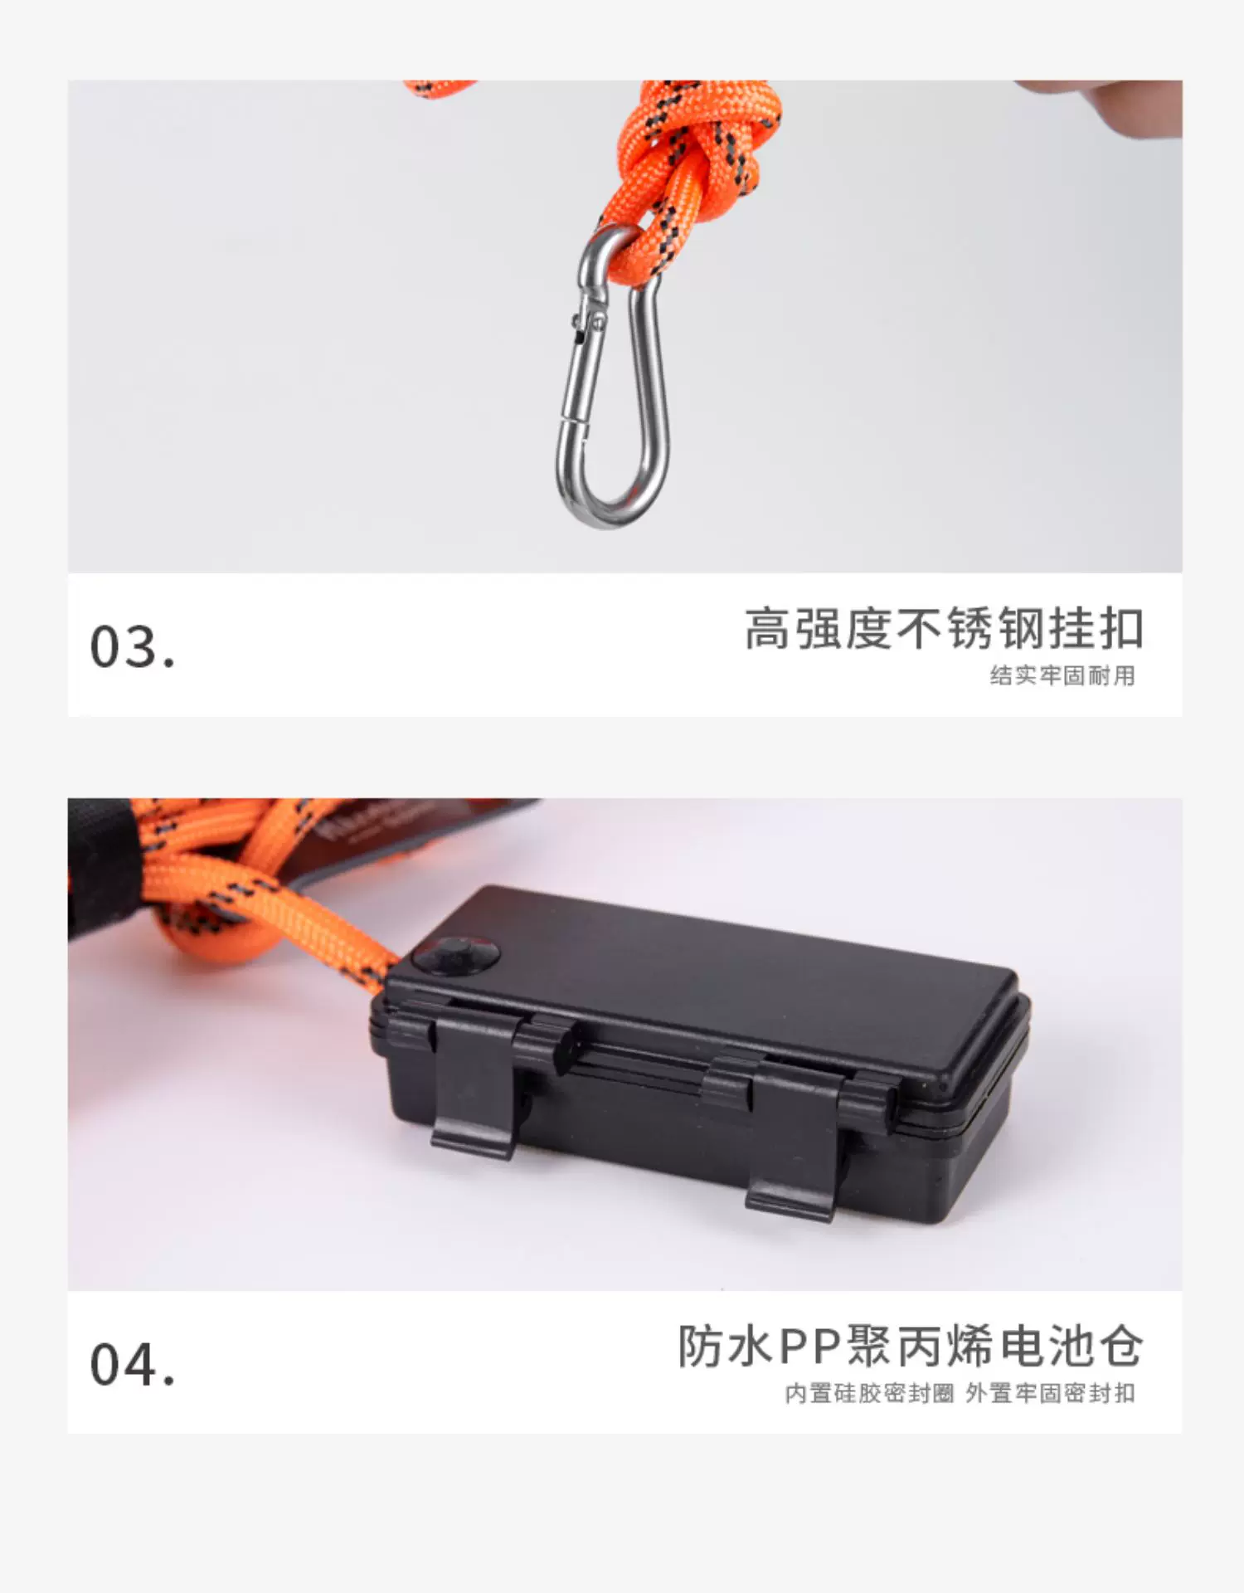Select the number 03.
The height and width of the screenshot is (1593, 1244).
click(133, 647)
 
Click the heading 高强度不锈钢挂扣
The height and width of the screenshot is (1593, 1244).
click(944, 628)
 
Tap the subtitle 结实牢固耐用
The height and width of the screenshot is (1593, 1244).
click(1062, 676)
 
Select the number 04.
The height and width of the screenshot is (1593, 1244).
click(133, 1365)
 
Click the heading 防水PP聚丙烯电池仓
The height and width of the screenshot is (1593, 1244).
click(911, 1346)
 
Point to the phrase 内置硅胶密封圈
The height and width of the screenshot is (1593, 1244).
click(869, 1394)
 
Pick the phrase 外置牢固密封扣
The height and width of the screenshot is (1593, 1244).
click(1051, 1394)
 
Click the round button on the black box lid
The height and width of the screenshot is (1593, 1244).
click(457, 956)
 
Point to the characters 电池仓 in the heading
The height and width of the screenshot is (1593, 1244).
click(1071, 1346)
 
